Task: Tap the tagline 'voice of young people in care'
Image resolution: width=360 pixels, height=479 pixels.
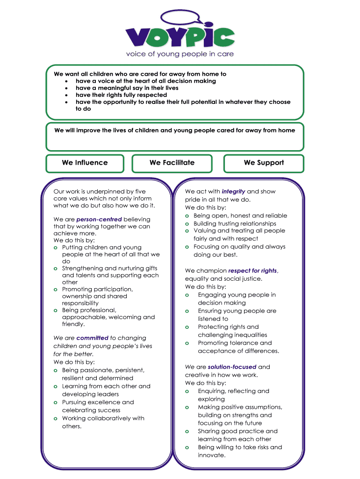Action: click(180, 54)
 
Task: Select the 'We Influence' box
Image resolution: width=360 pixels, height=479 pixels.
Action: click(85, 163)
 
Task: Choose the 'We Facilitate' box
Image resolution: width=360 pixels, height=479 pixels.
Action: click(172, 163)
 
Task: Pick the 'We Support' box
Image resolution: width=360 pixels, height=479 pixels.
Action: click(264, 163)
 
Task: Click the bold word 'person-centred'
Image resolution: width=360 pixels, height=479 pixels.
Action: click(99, 219)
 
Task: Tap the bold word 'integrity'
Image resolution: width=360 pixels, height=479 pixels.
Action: click(233, 191)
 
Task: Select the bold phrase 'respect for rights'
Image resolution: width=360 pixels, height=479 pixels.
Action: click(252, 271)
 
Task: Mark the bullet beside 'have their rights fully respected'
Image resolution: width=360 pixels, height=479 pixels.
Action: click(68, 95)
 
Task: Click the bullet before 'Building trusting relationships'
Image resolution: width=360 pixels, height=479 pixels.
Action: click(187, 224)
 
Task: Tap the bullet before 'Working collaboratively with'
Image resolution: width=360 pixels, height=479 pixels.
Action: click(56, 419)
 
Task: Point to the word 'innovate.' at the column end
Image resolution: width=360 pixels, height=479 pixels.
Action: click(211, 455)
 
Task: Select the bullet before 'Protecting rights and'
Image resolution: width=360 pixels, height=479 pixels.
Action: click(187, 327)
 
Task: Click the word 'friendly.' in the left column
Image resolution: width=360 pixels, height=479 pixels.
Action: click(73, 324)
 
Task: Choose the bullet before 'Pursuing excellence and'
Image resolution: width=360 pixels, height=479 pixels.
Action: click(56, 403)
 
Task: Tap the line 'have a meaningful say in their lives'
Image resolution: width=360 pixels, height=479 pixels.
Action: click(127, 88)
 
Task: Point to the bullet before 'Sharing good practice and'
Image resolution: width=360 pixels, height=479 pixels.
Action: click(187, 432)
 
